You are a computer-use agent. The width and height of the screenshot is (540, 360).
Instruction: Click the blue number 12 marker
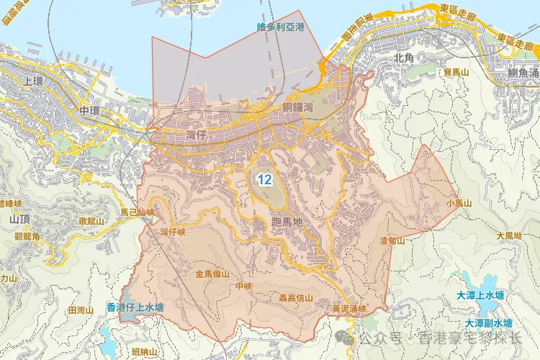coord(264,179)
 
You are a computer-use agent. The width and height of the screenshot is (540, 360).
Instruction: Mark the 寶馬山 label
coord(456,73)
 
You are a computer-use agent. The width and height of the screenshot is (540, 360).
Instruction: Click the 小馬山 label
coord(458,204)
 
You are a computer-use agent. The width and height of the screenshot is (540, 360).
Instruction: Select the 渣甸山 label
coord(393,240)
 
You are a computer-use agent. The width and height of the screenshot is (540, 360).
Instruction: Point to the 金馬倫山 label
coord(212,274)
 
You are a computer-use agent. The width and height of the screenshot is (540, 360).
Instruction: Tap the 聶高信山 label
coord(295,297)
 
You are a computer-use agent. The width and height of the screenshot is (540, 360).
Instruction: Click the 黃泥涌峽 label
coord(349,309)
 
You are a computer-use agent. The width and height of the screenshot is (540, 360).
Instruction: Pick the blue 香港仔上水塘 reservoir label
coord(135,307)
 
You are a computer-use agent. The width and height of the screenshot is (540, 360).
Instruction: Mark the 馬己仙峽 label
coord(138,212)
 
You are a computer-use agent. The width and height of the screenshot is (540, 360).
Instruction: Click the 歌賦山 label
coord(91,221)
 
